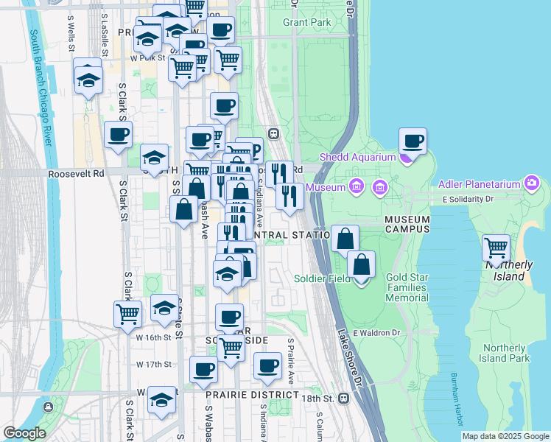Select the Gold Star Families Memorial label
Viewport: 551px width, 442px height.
407,287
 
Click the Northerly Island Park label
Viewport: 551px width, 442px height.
505,353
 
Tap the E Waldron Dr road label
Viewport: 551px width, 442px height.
376,333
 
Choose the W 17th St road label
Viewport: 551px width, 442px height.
154,364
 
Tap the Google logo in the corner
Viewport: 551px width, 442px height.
24,433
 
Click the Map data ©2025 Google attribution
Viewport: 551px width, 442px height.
505,436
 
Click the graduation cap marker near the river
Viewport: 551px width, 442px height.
88,77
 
